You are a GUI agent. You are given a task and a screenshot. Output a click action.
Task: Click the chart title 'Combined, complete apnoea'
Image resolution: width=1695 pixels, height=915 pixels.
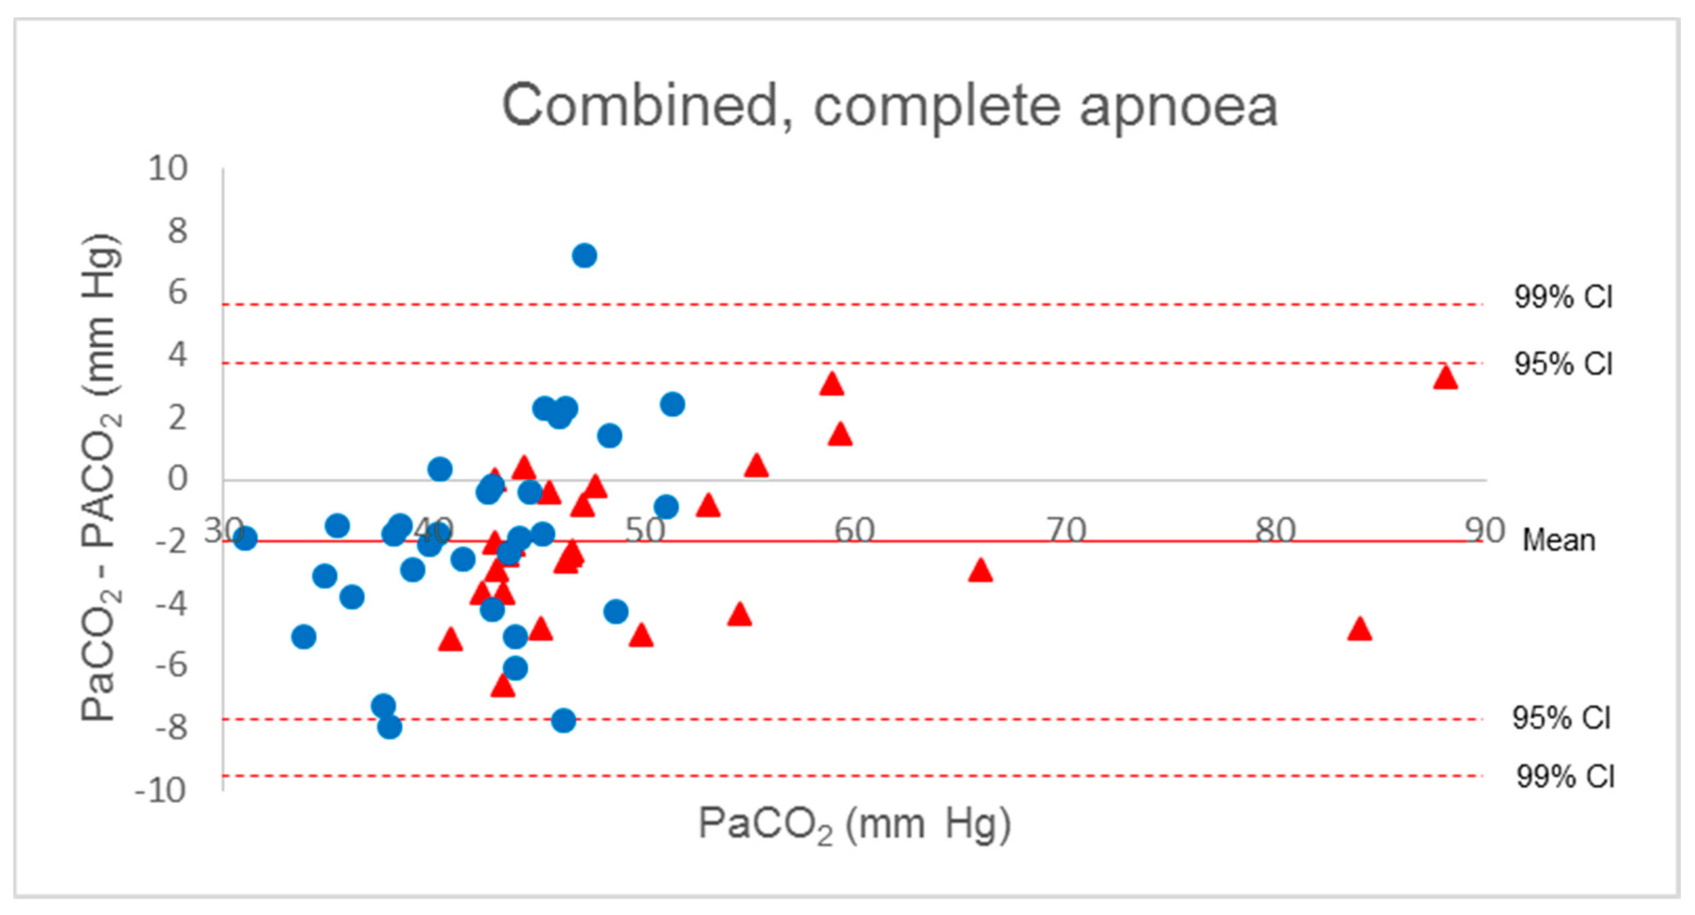890,107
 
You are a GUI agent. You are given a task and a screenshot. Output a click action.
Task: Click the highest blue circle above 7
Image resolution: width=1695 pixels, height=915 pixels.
584,255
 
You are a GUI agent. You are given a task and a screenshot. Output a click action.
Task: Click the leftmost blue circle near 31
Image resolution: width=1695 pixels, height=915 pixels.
245,539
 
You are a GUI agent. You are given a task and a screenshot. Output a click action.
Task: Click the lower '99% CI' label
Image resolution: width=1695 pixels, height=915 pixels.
1565,777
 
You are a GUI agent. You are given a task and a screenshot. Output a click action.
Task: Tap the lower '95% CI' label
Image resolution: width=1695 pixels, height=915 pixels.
1561,718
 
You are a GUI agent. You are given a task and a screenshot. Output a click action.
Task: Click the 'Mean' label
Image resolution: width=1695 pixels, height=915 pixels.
1559,541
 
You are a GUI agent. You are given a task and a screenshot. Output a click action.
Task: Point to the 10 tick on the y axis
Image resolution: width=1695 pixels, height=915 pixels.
168,169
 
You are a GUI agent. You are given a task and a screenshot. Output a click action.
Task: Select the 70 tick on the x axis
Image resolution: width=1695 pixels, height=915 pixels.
1066,530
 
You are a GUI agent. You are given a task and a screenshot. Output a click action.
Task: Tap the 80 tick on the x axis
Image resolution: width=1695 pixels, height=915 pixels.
1275,530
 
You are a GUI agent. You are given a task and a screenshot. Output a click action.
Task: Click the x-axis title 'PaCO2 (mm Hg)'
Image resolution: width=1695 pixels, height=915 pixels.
854,824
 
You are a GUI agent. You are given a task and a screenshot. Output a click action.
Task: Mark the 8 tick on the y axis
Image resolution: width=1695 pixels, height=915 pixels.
177,231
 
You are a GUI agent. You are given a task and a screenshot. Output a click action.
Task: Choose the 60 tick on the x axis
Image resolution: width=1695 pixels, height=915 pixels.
854,530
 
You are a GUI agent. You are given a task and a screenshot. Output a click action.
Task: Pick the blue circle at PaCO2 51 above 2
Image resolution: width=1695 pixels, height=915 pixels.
672,404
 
